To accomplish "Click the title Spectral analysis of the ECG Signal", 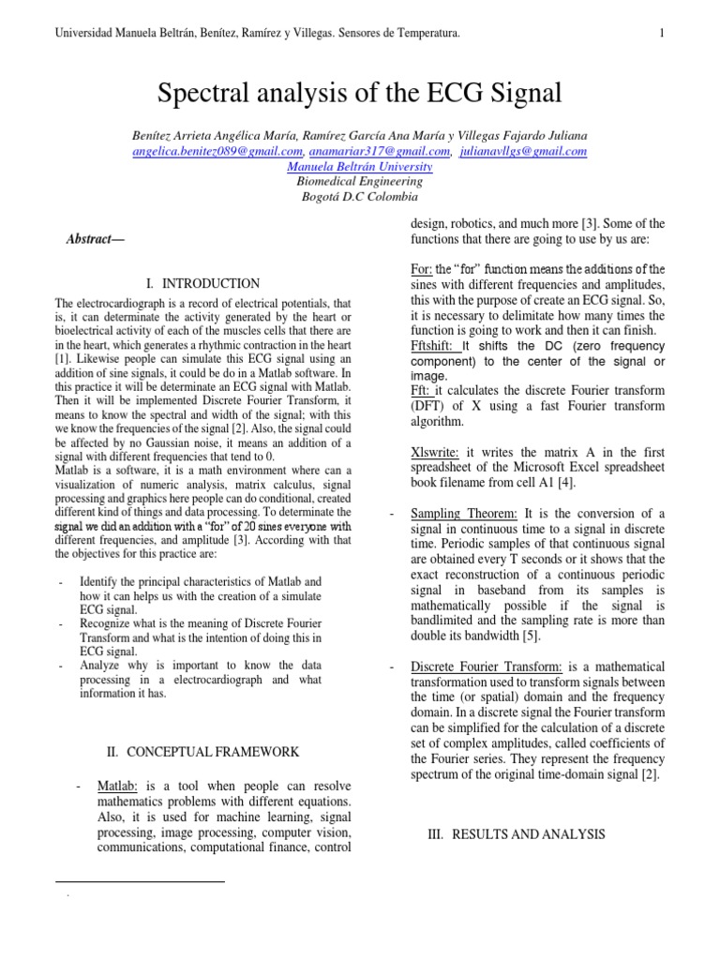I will [360, 93].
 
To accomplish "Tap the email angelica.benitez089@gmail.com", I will [217, 151].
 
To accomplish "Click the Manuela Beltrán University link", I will [359, 167].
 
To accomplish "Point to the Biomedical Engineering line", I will [359, 182].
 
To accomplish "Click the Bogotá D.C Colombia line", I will [359, 197].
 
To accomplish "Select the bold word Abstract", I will [95, 239].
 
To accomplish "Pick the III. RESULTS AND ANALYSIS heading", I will [516, 834].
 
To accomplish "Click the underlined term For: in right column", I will [422, 269].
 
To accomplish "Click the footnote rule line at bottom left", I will [140, 882].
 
